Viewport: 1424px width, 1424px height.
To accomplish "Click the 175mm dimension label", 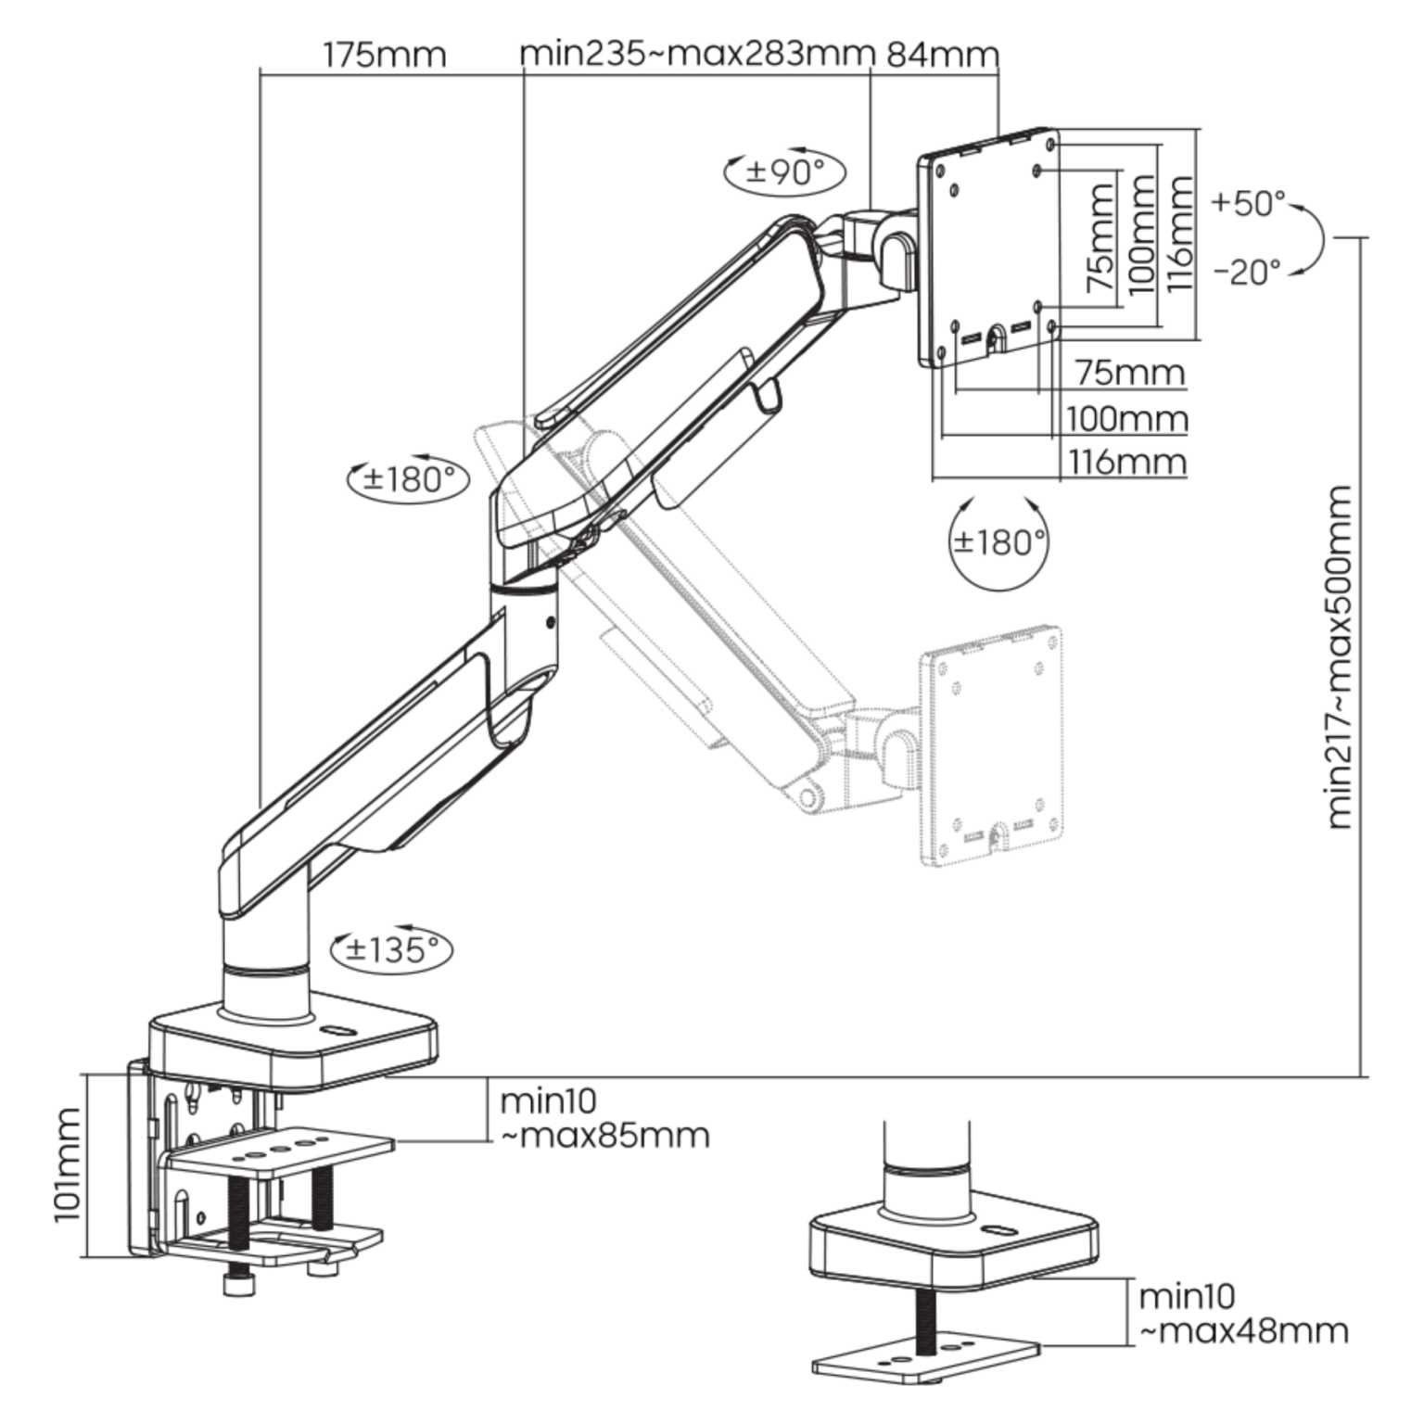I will click(384, 55).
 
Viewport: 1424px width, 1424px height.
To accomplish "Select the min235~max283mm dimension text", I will click(697, 54).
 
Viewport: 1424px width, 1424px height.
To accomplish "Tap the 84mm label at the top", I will click(942, 55).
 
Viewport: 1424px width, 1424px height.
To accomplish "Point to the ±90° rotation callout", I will click(784, 172).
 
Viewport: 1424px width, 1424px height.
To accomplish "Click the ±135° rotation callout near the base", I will click(391, 949).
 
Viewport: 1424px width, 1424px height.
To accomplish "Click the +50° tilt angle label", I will click(1248, 202).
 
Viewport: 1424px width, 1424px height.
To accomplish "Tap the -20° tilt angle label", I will click(1248, 272).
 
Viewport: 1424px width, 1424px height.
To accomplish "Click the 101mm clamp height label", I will click(68, 1164).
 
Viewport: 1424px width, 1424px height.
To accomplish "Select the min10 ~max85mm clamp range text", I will click(604, 1118).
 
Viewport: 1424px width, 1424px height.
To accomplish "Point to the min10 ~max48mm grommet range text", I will click(1242, 1313).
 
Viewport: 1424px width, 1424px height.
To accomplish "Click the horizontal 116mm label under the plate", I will click(1127, 461).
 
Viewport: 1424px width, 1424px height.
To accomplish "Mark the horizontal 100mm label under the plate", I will click(1127, 418).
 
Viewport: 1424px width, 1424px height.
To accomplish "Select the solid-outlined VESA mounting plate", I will click(988, 247).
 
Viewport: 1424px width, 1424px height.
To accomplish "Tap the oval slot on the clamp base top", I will click(337, 1030).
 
